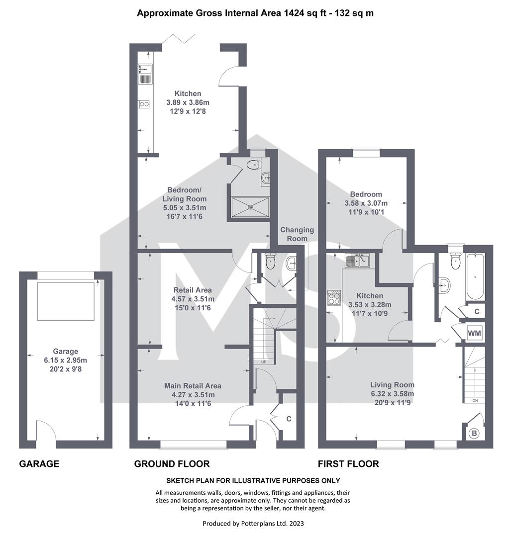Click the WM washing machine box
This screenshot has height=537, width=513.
[475, 333]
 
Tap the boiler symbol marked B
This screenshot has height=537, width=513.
[474, 434]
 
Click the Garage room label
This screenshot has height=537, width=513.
[66, 352]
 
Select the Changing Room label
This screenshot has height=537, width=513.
[297, 234]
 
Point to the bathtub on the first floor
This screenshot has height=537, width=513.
[475, 277]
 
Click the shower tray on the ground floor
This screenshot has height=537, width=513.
[250, 207]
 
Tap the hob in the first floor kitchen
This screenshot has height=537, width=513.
[334, 297]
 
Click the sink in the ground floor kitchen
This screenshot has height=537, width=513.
[145, 74]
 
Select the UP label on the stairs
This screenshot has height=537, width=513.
[264, 362]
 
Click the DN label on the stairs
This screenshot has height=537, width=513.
[475, 400]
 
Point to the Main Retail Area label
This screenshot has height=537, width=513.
[193, 386]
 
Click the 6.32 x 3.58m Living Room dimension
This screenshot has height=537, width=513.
[393, 394]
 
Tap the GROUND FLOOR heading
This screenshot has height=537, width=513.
[172, 464]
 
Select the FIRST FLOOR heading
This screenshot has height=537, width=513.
[348, 464]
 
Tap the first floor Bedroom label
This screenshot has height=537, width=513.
[366, 194]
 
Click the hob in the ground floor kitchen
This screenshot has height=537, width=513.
[145, 104]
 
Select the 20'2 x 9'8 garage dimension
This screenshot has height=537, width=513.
[66, 369]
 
